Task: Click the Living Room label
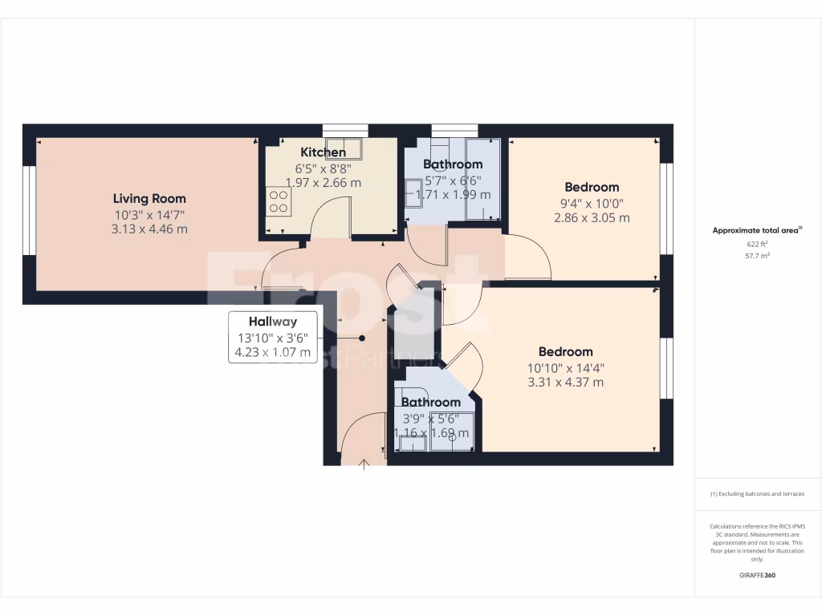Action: pos(149,199)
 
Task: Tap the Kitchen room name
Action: pos(324,152)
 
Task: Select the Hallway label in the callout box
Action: pos(272,322)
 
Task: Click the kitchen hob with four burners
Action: pos(279,201)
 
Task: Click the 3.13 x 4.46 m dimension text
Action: pos(149,229)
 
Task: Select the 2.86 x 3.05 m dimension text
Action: pos(592,217)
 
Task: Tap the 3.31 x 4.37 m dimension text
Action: pos(565,382)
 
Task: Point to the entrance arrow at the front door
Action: pos(364,464)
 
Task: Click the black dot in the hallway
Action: pos(362,338)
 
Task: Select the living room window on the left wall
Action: pos(28,210)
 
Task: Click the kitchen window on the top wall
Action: pos(345,130)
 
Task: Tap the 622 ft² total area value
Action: pos(758,243)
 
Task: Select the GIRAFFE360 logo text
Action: pos(758,575)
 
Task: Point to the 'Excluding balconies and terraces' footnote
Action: pos(757,494)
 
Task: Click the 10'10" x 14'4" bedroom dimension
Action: pos(565,367)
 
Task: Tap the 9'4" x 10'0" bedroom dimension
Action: pos(592,203)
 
